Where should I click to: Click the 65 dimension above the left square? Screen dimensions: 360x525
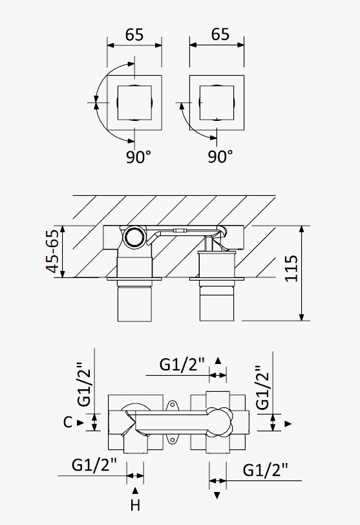click(134, 35)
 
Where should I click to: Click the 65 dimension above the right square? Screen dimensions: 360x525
click(220, 34)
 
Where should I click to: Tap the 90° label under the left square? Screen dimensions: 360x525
click(138, 156)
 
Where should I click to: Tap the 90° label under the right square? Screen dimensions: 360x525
click(220, 156)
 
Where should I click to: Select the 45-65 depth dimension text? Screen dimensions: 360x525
click(52, 251)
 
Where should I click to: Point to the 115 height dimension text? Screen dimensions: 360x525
click(291, 268)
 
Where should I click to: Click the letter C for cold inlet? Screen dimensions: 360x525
click(68, 422)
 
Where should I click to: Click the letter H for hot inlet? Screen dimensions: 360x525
click(135, 505)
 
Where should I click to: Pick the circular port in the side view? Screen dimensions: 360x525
click(134, 237)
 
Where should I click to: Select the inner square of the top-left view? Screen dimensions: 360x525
click(134, 102)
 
